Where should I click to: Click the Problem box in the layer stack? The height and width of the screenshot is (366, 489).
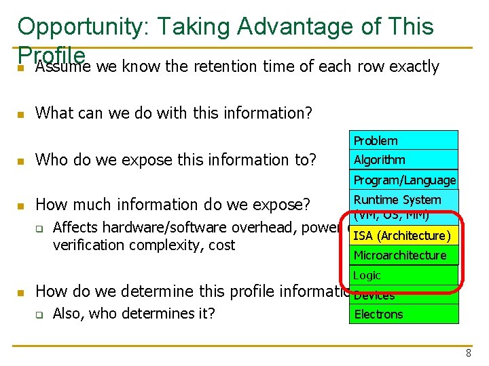[403, 140]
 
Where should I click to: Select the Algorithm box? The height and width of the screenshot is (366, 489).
[403, 160]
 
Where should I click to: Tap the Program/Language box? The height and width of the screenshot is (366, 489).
[403, 180]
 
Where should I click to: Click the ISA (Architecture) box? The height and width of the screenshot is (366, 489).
[403, 236]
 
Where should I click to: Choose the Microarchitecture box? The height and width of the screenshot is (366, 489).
[403, 255]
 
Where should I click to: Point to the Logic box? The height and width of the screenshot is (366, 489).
[403, 275]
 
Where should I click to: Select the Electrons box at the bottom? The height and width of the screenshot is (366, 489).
[403, 314]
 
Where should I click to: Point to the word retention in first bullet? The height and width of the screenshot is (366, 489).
[227, 66]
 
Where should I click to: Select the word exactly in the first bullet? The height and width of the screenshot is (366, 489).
[415, 66]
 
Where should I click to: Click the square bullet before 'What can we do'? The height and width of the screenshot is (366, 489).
[21, 113]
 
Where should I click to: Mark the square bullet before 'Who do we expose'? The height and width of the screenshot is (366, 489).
[21, 161]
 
